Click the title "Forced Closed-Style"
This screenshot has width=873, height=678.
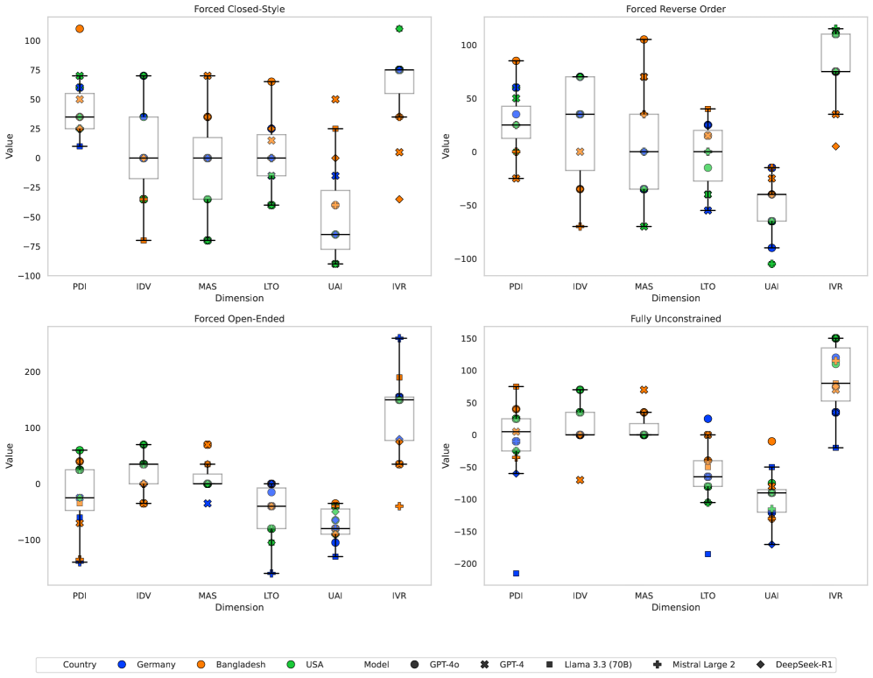[x=240, y=10]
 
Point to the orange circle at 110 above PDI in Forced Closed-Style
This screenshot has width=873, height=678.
[x=80, y=29]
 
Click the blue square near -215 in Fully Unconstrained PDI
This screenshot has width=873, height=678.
[x=517, y=573]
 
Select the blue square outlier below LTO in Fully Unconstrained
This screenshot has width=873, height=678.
[x=708, y=554]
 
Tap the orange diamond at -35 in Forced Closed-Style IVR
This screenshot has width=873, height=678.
[x=399, y=199]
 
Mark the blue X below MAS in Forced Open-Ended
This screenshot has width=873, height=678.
[x=208, y=504]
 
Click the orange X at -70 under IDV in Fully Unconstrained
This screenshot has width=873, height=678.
[x=579, y=480]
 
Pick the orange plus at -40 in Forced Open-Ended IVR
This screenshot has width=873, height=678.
[x=399, y=506]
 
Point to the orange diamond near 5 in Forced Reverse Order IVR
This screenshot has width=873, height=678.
[x=835, y=146]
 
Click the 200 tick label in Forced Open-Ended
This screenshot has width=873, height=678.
[x=32, y=372]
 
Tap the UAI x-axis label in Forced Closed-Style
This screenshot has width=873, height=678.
[x=335, y=286]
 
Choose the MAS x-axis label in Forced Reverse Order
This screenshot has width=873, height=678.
[x=644, y=286]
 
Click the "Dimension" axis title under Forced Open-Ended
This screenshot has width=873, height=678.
[x=240, y=607]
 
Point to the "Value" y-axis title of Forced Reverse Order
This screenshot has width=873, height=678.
[x=447, y=145]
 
